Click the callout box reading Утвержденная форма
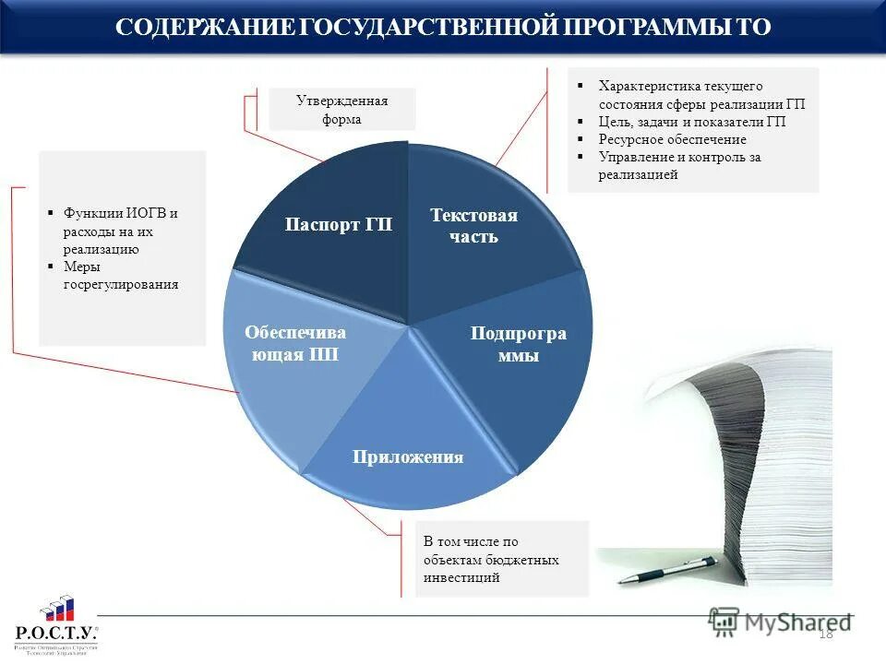click(341, 110)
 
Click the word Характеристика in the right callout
click(646, 86)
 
